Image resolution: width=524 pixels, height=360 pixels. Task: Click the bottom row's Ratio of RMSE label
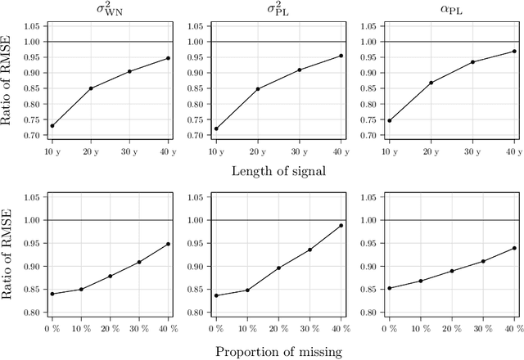pyautogui.click(x=9, y=258)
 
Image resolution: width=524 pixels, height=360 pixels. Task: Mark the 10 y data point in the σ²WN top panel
pyautogui.click(x=52, y=125)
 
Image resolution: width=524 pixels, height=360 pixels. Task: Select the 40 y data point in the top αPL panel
pyautogui.click(x=514, y=52)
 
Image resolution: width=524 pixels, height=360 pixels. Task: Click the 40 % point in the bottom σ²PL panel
pyautogui.click(x=341, y=226)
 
